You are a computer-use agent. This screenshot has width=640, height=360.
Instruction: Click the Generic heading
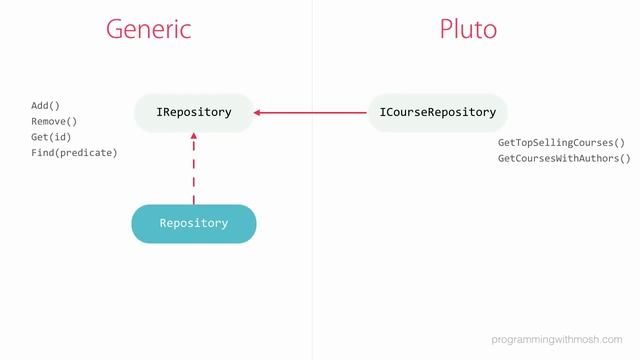pyautogui.click(x=148, y=29)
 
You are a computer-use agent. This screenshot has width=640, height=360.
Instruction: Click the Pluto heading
pyautogui.click(x=468, y=29)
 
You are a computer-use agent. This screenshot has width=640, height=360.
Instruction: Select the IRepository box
pyautogui.click(x=194, y=112)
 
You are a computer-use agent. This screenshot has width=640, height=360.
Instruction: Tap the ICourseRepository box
pyautogui.click(x=438, y=112)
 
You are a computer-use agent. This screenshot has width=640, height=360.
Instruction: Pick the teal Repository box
pyautogui.click(x=194, y=223)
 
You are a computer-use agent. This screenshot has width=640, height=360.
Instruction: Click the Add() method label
pyautogui.click(x=46, y=104)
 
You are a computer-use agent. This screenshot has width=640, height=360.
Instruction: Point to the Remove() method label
pyautogui.click(x=54, y=120)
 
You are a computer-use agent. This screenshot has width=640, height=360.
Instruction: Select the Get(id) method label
pyautogui.click(x=51, y=136)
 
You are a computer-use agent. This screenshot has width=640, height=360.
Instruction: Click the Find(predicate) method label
pyautogui.click(x=74, y=152)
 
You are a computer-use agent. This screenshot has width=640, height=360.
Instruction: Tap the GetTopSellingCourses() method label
pyautogui.click(x=561, y=143)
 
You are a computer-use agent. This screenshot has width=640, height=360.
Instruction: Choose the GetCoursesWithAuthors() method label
pyautogui.click(x=564, y=158)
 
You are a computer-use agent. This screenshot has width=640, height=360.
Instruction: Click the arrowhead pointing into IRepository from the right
pyautogui.click(x=258, y=112)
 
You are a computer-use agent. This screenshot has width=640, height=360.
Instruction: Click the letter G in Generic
pyautogui.click(x=115, y=29)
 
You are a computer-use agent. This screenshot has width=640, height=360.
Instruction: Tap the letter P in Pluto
pyautogui.click(x=447, y=29)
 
